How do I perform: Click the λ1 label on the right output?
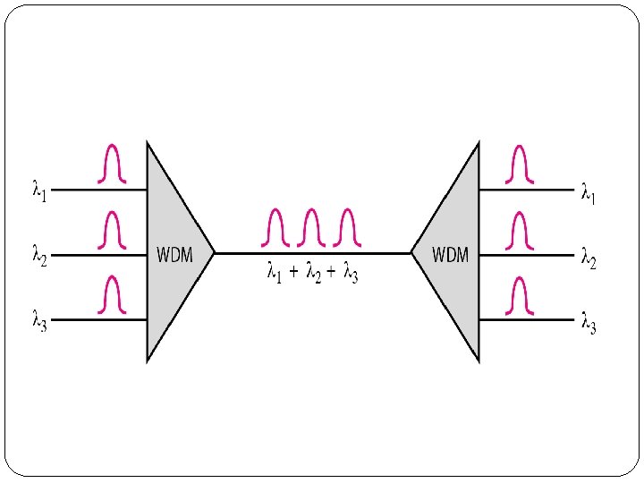pos(588,193)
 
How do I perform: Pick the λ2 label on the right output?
pos(588,259)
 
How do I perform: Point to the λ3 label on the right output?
pos(588,322)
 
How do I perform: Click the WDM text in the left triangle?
pos(175,255)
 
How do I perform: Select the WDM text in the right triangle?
pos(450,255)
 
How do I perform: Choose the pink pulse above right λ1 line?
pos(520,164)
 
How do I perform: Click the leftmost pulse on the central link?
pos(276,227)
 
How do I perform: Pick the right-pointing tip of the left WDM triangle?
pos(214,253)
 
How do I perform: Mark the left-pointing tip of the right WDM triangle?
pos(412,253)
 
